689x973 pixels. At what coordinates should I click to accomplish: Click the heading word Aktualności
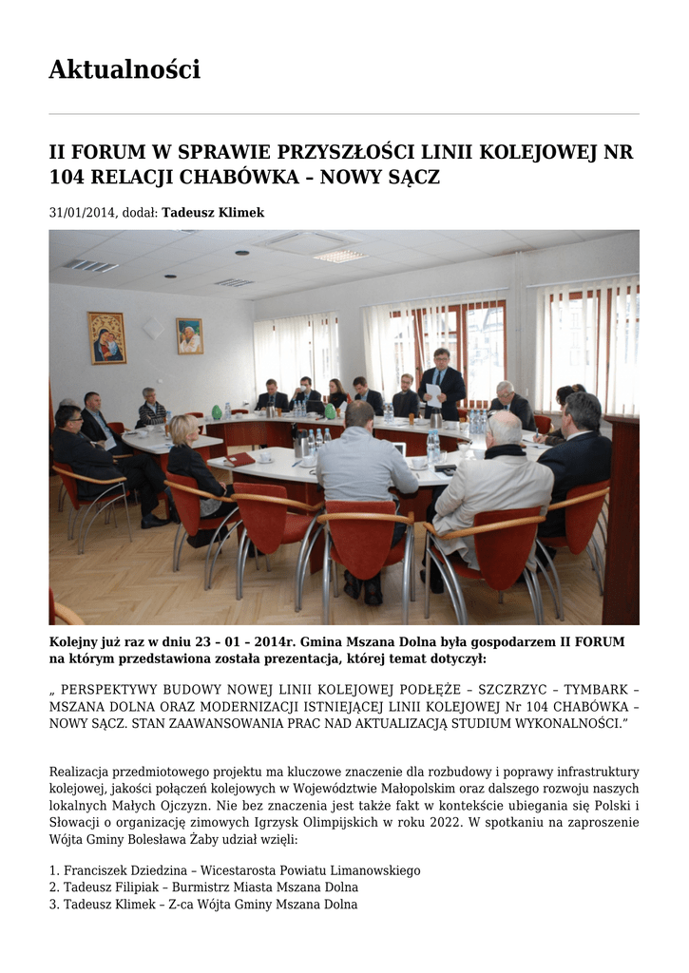point(124,70)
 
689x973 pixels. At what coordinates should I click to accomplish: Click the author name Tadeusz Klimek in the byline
point(213,213)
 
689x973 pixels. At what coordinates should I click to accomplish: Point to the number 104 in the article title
point(67,178)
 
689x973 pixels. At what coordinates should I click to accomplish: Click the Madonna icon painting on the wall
point(106,337)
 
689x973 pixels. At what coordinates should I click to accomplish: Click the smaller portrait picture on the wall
point(189,336)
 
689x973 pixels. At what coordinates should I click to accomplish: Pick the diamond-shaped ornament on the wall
point(152,328)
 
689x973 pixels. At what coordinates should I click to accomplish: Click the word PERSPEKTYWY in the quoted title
point(120,690)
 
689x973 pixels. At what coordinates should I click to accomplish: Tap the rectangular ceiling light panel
point(339,256)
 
